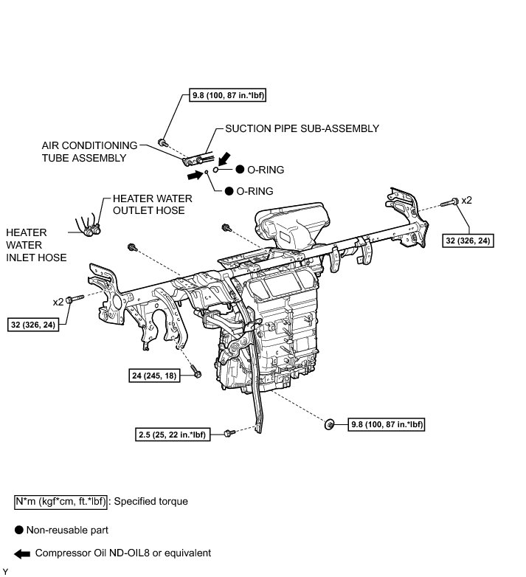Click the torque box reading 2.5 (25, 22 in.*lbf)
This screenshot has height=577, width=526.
[x=173, y=435]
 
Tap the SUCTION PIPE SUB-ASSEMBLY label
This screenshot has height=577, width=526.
[x=302, y=128]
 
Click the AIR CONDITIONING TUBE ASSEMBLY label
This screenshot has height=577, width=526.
[x=89, y=151]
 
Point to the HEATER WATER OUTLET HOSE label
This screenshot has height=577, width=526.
[x=152, y=204]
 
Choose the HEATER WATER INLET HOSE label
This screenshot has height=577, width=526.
[x=36, y=245]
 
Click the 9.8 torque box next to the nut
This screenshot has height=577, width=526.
[x=387, y=424]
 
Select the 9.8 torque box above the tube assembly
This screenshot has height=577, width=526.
[x=227, y=95]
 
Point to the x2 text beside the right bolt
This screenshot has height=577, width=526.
[x=466, y=200]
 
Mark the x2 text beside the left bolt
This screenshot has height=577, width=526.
[x=58, y=302]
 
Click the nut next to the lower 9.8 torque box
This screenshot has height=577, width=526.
[x=330, y=424]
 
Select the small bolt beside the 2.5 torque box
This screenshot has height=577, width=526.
[x=229, y=433]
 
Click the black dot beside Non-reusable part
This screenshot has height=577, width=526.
[x=18, y=530]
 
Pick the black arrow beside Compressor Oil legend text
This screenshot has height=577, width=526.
[x=22, y=554]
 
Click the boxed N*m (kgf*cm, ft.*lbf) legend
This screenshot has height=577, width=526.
[x=60, y=502]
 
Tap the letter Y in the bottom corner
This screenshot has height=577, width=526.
[x=5, y=572]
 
